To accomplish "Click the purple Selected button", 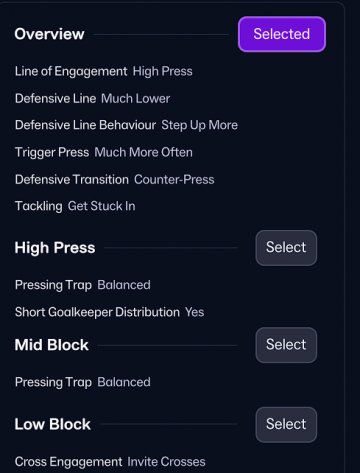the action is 282,34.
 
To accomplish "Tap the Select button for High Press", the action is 286,248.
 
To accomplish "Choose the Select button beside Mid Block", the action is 286,345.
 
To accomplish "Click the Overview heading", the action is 49,34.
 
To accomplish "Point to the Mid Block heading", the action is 52,345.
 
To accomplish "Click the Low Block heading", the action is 53,424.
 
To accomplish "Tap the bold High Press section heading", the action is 55,248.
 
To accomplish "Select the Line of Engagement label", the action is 71,71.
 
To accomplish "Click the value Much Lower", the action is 136,98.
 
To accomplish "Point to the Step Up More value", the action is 200,125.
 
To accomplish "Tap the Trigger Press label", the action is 52,152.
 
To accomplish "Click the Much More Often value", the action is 144,152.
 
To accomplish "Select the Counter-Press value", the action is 174,179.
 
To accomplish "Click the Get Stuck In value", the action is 102,206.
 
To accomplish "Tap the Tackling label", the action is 39,206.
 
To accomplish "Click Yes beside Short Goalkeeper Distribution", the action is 195,312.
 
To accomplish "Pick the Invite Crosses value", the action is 166,462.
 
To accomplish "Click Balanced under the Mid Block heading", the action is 124,382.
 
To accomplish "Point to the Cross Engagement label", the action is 69,462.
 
